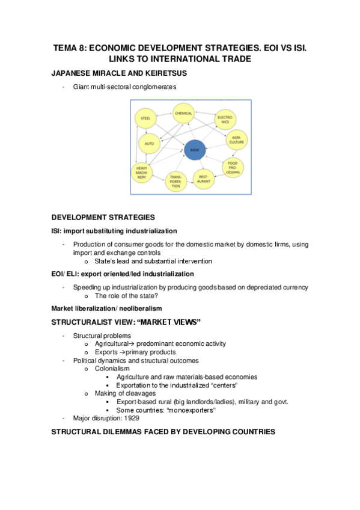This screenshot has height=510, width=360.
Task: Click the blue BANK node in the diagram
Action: click(x=194, y=149)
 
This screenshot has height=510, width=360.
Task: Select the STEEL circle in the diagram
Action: click(x=145, y=119)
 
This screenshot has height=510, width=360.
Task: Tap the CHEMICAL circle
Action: click(x=183, y=113)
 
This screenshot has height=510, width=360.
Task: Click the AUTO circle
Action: click(x=149, y=144)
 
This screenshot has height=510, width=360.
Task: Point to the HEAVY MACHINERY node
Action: click(x=142, y=172)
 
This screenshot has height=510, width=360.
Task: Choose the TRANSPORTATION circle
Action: click(x=175, y=181)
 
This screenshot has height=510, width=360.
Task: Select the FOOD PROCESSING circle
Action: click(x=233, y=167)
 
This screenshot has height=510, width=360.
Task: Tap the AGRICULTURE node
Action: click(x=236, y=141)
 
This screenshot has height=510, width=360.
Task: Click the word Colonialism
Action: click(x=113, y=368)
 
